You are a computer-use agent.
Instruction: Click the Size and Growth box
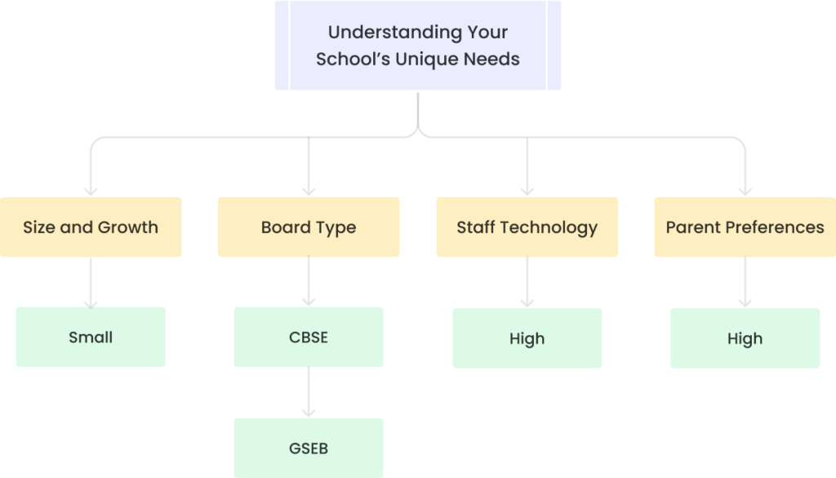click(91, 227)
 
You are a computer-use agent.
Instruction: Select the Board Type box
click(309, 227)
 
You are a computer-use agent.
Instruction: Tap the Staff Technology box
click(527, 227)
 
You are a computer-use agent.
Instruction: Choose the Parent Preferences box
click(745, 227)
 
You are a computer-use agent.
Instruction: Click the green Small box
click(91, 337)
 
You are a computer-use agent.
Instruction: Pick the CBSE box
click(309, 337)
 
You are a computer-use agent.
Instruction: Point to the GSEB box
click(309, 448)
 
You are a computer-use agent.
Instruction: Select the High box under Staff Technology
click(527, 338)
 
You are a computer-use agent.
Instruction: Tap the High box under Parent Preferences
click(745, 338)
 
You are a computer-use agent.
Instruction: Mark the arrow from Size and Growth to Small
click(91, 282)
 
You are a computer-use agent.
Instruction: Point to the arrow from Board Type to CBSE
click(309, 282)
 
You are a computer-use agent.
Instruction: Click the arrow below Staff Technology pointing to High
click(527, 283)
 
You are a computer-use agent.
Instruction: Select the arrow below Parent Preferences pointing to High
click(745, 283)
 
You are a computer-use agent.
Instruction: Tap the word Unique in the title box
click(444, 59)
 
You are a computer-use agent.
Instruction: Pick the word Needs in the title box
click(496, 59)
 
